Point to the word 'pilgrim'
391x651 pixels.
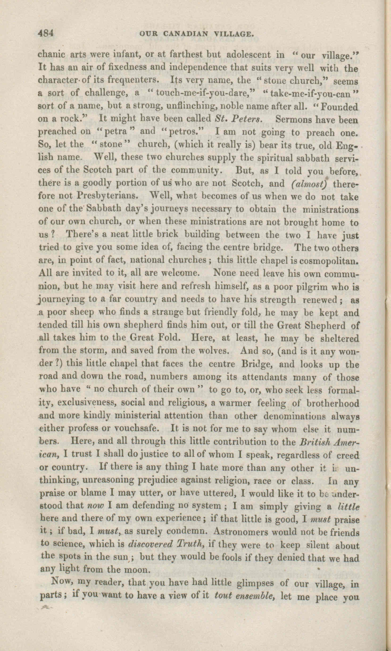[313, 287]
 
